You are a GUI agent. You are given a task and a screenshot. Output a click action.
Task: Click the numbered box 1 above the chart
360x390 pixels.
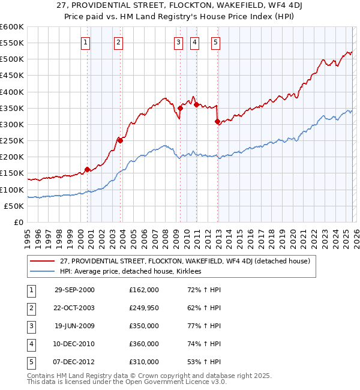(86, 42)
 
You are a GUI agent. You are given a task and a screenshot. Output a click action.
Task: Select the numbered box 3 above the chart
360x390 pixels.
(179, 42)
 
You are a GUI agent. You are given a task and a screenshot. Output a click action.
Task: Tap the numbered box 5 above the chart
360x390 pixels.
(215, 42)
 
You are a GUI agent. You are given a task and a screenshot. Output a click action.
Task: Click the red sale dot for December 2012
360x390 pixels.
(217, 121)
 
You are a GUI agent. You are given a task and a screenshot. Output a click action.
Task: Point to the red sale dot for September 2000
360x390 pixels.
(88, 169)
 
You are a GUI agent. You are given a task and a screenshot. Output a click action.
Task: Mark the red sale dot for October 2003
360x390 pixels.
(120, 140)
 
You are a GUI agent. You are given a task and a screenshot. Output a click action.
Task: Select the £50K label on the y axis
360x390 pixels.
(14, 206)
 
